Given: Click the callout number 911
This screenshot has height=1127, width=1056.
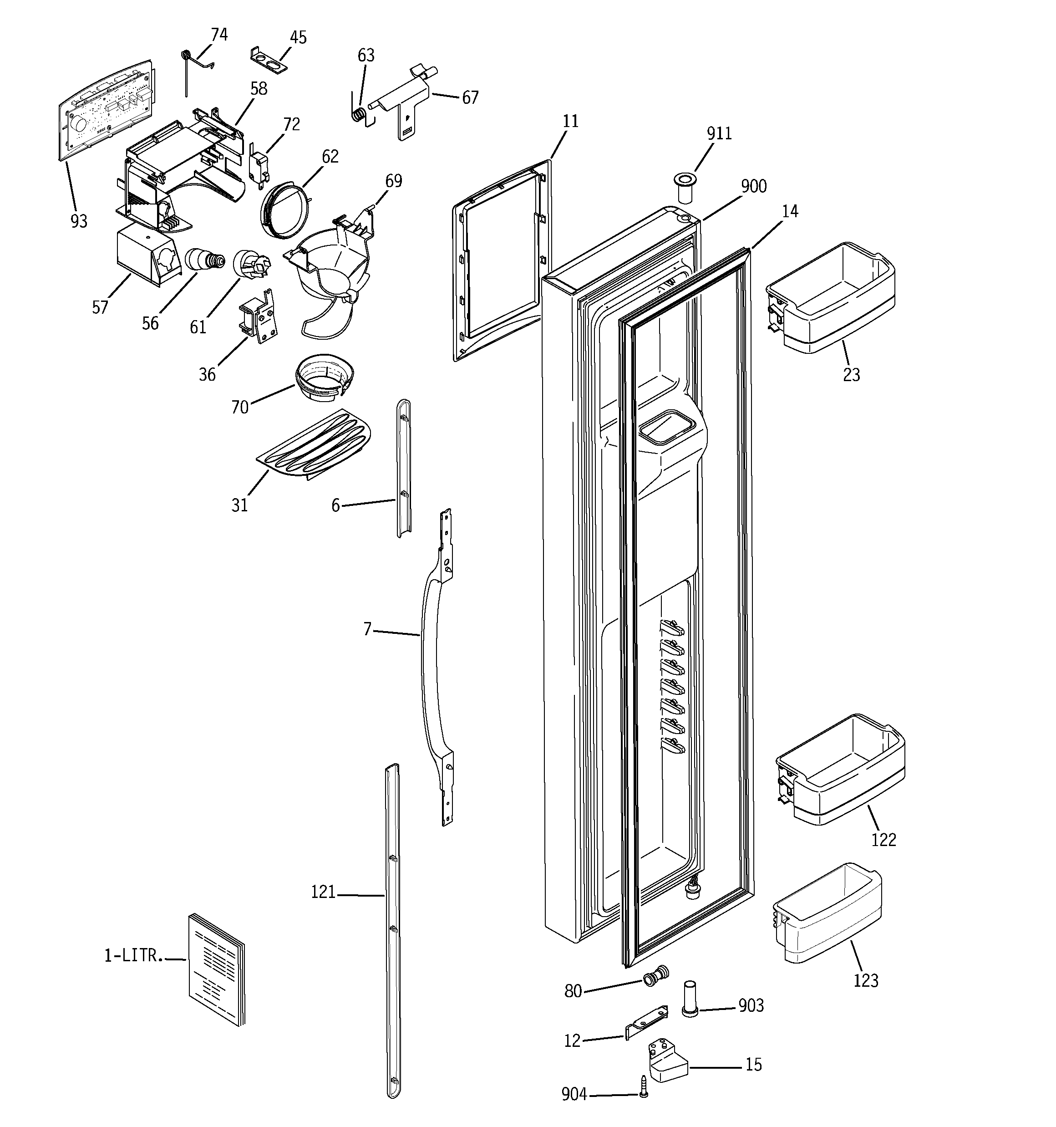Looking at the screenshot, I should click(x=719, y=134).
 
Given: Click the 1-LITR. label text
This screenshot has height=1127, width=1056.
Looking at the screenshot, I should click(x=133, y=956).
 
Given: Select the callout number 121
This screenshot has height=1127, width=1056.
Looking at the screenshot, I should click(x=323, y=892).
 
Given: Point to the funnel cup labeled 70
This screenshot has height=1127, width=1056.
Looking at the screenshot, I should click(x=323, y=377).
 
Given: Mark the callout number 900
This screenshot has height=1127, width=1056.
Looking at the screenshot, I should click(x=753, y=187).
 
